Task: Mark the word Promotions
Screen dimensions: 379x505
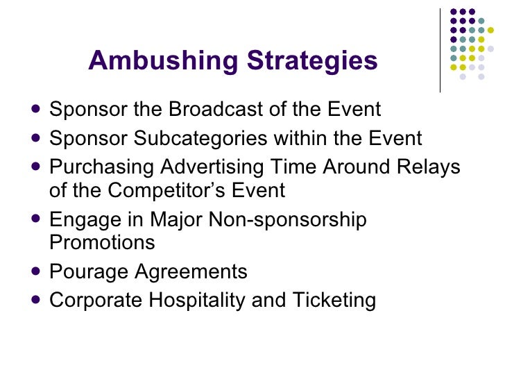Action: tap(102, 243)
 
